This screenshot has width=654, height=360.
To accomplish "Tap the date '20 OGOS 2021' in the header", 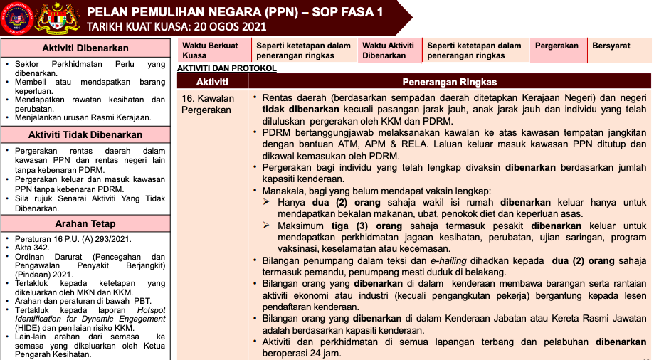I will coord(228,27).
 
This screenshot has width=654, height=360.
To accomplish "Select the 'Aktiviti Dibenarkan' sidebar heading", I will coord(85,48).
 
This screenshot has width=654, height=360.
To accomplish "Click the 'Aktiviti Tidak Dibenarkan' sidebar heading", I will coord(85,134).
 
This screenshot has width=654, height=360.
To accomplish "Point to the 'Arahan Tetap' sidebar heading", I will coord(85,223).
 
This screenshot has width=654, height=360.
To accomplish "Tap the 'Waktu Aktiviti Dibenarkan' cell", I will coord(389,50).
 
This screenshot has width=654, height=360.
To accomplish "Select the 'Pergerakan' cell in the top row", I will coord(557,46).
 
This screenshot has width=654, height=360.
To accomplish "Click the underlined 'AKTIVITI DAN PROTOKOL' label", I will coord(226,68).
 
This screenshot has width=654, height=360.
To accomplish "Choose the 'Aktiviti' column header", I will coord(212,82).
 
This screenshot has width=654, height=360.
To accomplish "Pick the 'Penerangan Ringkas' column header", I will coord(449,82).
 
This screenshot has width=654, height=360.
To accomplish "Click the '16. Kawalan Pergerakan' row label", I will coord(206,104).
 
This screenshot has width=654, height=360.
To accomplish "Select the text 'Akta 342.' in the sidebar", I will coord(33,248).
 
